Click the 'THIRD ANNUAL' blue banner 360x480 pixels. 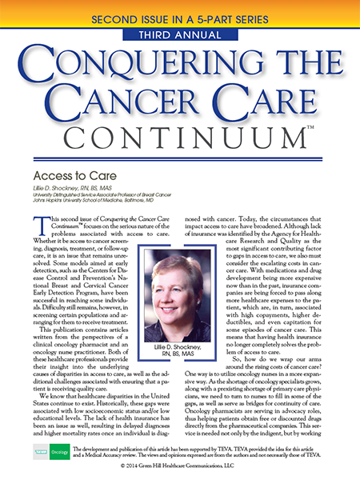coord(180,36)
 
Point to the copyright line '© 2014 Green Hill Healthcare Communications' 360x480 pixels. coord(180,471)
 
